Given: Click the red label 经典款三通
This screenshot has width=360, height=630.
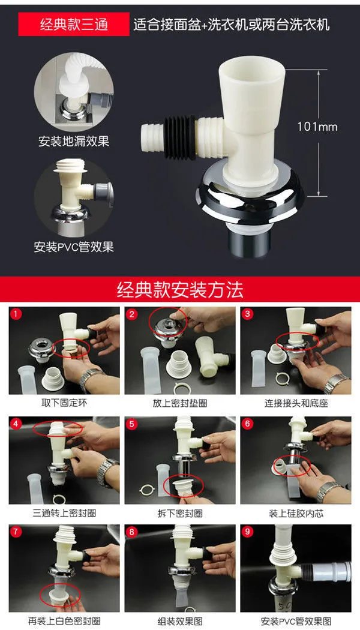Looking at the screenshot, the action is tap(74, 24).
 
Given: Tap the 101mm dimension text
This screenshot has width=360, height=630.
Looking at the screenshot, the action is tap(317, 127).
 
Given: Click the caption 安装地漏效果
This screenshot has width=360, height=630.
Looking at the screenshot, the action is tap(74, 142).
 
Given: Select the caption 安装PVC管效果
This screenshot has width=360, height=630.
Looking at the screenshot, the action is tap(74, 247).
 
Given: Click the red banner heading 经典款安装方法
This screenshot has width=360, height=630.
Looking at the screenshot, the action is tap(180, 289).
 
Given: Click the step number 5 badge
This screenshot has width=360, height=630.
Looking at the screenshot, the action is tap(131, 424).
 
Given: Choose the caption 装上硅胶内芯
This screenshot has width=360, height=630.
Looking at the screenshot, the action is tap(296, 514).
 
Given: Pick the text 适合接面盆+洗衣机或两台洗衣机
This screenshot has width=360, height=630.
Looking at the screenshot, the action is tap(232, 24).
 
